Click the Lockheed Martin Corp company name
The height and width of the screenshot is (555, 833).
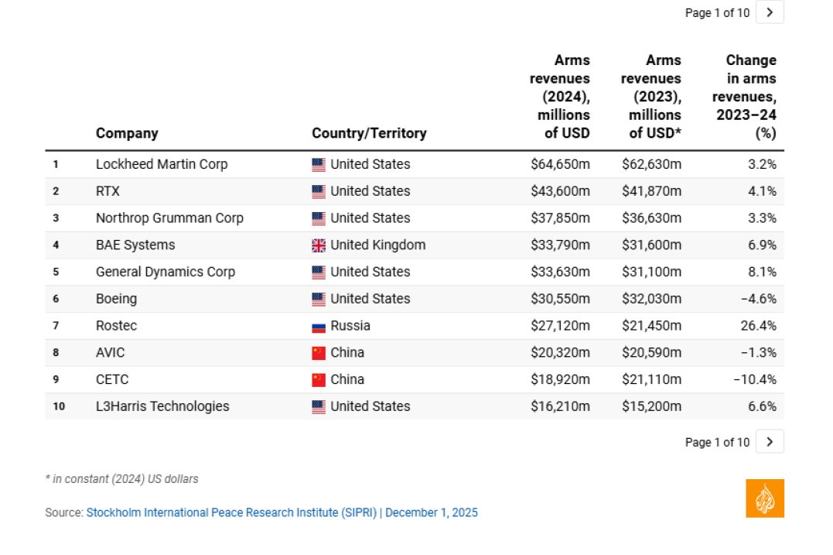[x=162, y=164]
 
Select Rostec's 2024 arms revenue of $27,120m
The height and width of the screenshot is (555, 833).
[x=560, y=326]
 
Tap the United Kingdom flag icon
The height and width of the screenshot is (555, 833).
[x=318, y=245]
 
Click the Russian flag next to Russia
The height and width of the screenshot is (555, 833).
[x=318, y=327]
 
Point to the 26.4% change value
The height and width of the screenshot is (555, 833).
[x=758, y=326]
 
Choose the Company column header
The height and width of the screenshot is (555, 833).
[x=127, y=133]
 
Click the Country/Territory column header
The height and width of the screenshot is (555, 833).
[x=369, y=133]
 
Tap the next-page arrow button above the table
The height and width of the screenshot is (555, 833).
[x=770, y=12]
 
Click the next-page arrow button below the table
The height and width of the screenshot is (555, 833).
[x=770, y=442]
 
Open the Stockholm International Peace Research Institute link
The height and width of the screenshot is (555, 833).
[x=231, y=512]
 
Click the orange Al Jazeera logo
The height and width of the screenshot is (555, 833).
[x=765, y=498]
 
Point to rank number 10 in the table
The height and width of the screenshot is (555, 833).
[x=59, y=406]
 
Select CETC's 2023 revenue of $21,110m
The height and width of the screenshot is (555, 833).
[x=651, y=379]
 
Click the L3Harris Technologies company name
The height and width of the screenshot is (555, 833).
[x=162, y=406]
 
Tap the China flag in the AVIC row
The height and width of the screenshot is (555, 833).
[x=318, y=353]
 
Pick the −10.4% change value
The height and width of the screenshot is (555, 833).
[x=755, y=379]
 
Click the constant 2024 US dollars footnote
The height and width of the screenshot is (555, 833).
[x=121, y=479]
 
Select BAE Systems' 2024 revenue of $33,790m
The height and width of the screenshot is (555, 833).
[x=560, y=245]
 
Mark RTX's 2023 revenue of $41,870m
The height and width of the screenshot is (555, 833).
[x=651, y=191]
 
